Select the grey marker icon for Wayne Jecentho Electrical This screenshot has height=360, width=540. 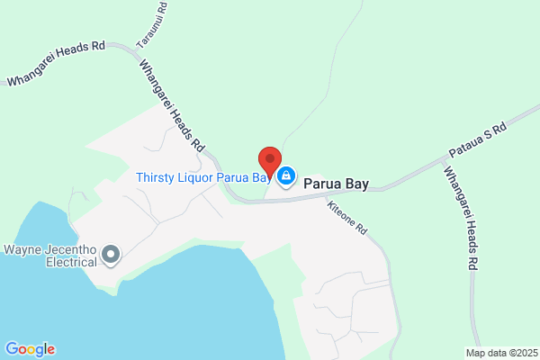pyautogui.click(x=112, y=256)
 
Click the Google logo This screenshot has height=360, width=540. pyautogui.click(x=30, y=349)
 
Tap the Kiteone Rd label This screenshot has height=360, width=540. pyautogui.click(x=348, y=217)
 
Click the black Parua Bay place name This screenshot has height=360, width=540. pyautogui.click(x=336, y=183)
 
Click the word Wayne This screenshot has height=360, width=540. pyautogui.click(x=23, y=249)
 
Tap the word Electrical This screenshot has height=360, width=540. pyautogui.click(x=72, y=263)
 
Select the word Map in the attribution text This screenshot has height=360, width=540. pyautogui.click(x=475, y=352)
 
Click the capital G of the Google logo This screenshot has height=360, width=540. pyautogui.click(x=12, y=349)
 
